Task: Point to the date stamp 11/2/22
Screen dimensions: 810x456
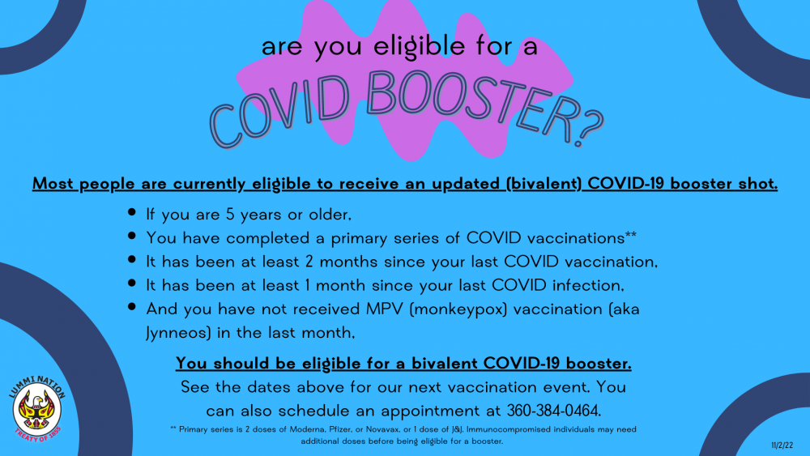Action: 782,445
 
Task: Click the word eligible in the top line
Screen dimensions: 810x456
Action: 420,46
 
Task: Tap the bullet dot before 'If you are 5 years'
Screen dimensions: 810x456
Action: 132,211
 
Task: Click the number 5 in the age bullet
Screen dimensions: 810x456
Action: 230,215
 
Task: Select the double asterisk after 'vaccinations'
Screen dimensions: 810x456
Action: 631,236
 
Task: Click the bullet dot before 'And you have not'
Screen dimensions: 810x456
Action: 132,307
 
